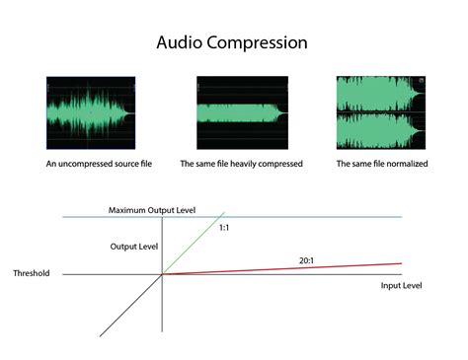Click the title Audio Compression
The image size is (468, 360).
tap(233, 43)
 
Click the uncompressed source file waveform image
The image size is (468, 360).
tap(90, 112)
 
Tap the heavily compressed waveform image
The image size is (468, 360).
tap(241, 112)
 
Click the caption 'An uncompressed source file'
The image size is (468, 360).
tap(91, 163)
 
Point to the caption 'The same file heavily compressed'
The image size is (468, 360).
tap(241, 163)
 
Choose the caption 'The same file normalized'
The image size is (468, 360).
tap(381, 163)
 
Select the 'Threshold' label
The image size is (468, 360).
tap(32, 273)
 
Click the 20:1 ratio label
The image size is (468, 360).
tap(307, 260)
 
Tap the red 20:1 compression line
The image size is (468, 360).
tap(296, 269)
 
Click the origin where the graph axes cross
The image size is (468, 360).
tap(162, 274)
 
